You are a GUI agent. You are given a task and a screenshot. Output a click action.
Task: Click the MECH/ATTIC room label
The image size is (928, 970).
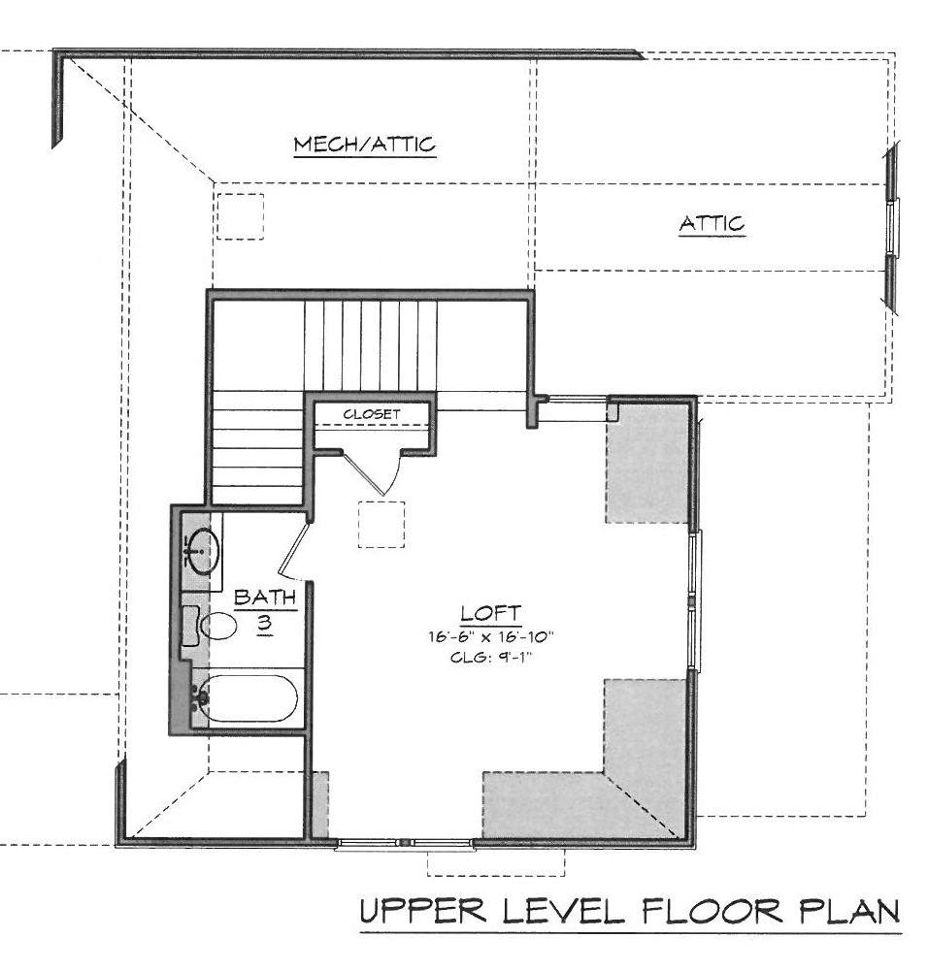365,145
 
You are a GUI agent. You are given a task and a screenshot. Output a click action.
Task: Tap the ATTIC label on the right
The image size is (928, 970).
712,223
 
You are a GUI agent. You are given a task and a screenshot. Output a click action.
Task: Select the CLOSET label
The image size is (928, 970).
372,414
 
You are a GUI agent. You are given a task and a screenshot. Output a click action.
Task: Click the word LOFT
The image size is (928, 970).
491,613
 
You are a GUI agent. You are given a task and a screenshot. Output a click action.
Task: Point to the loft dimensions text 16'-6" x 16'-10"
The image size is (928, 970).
490,636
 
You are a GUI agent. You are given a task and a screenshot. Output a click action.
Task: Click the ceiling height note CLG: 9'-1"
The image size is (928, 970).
491,657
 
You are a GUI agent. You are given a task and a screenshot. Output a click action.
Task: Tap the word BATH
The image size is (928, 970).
264,598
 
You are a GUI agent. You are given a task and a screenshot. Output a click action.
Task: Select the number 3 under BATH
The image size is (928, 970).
264,623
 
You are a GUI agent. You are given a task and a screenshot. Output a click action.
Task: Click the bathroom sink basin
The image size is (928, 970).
203,550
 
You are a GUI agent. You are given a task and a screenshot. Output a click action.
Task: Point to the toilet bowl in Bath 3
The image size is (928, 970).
218,626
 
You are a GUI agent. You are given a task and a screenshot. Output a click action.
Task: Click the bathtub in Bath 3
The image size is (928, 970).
249,697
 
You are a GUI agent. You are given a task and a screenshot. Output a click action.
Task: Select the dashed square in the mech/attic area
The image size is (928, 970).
240,216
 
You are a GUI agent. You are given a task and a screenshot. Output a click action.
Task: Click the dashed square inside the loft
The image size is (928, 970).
381,524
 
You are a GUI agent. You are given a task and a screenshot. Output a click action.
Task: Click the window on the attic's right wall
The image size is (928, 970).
892,226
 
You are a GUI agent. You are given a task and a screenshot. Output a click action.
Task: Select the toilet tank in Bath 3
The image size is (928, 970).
190,627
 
